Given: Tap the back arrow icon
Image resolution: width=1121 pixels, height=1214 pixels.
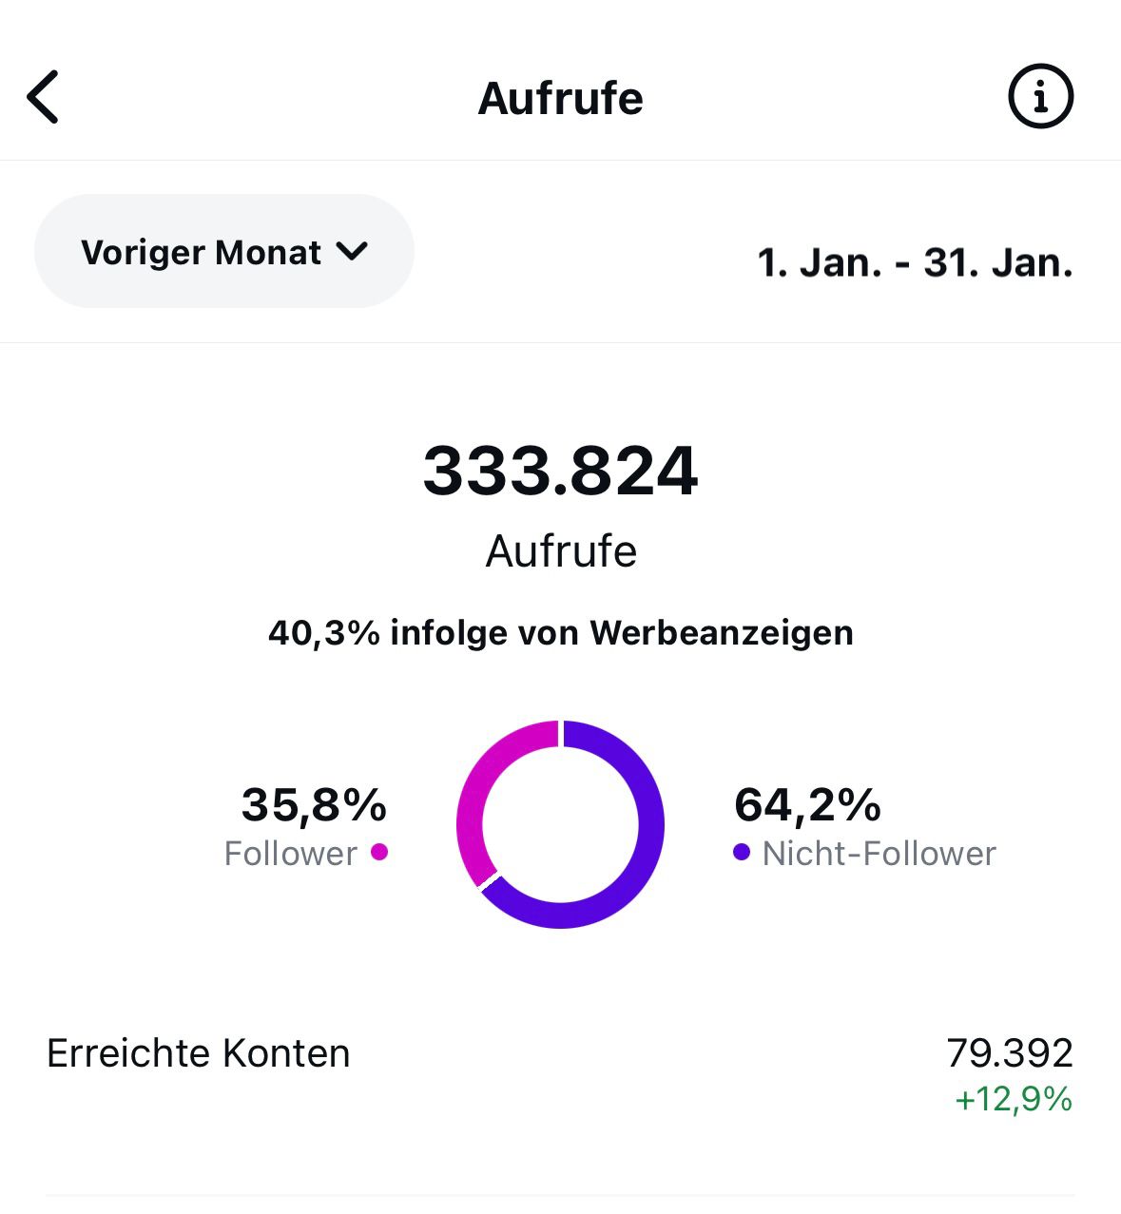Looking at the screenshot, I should pos(44,97).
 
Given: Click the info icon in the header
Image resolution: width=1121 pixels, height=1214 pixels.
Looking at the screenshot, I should pos(1040,96).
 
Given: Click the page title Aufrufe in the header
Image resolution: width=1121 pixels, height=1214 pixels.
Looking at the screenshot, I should pos(560,98).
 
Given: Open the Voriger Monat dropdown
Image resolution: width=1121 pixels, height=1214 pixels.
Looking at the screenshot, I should pos(223,252).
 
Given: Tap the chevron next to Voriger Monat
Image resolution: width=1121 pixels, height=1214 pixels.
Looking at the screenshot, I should pos(352,252).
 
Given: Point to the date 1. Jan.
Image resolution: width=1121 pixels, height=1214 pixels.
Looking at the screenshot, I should pos(819,263).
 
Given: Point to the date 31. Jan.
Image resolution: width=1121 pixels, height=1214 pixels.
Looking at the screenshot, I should pos(997,263).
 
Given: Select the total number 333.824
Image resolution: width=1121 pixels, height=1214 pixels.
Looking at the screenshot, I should pos(560,472).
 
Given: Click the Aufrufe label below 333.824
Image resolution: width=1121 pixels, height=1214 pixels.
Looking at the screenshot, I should pos(561,551).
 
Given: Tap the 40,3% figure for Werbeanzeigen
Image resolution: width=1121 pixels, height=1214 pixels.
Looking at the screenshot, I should pos(323,633).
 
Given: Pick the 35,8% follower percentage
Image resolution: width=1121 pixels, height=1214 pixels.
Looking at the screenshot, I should pos(314,804).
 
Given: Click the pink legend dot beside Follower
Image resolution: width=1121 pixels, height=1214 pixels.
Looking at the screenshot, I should pos(378,852).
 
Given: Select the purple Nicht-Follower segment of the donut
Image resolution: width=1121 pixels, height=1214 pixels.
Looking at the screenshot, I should pos(647,837).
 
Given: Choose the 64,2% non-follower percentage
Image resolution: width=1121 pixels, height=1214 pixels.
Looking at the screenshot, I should pos(807,804).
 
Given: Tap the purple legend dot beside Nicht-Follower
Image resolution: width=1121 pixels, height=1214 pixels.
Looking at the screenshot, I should pos(742,852).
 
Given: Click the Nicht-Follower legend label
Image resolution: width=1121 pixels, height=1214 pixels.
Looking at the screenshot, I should pos(879,854).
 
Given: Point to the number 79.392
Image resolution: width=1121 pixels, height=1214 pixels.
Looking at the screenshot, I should pos(1010,1053).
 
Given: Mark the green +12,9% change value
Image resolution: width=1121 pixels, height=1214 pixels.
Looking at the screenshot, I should pos(1014,1100).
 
